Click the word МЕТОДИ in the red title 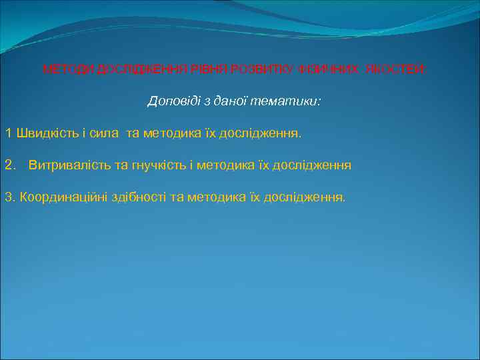coord(69,69)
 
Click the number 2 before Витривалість coord(9,165)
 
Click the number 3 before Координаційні coord(9,197)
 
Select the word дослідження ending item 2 coord(313,165)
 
